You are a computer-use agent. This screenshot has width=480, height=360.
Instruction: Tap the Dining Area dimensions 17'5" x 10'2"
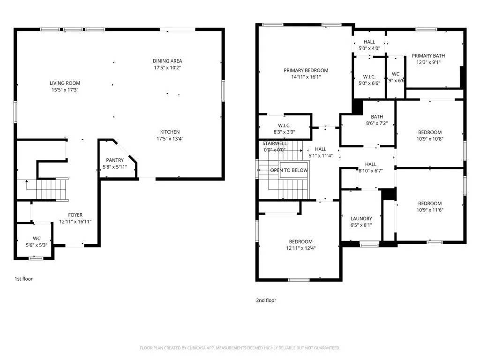(167, 67)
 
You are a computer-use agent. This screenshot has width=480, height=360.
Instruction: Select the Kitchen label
(170, 132)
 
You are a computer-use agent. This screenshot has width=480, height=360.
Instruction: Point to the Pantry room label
(115, 160)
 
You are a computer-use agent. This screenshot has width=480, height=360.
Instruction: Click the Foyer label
(75, 215)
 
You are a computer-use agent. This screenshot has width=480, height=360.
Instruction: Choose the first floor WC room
(37, 241)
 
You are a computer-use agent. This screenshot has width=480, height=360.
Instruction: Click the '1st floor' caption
(23, 279)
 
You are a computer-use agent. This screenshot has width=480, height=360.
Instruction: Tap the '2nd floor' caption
(266, 300)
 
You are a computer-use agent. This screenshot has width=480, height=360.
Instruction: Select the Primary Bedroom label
(306, 70)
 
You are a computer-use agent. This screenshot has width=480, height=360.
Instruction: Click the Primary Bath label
(428, 56)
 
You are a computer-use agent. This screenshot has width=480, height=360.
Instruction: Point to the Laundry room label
(361, 218)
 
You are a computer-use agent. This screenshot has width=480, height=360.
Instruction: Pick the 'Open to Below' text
(289, 170)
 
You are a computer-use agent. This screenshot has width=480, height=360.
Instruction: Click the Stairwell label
(275, 143)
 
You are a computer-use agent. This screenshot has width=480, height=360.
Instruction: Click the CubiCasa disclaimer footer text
(240, 348)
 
